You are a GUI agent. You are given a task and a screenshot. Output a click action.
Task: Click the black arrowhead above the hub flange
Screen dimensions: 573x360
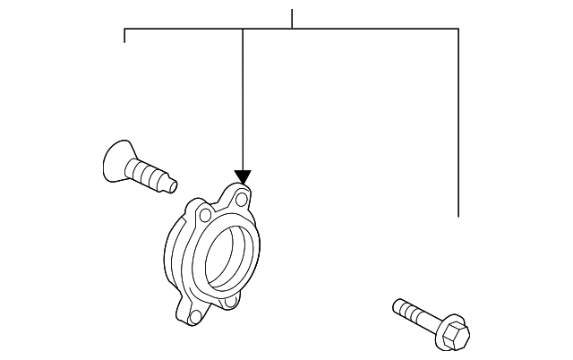243,177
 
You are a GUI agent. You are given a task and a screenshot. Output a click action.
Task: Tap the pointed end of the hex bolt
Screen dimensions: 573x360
395,306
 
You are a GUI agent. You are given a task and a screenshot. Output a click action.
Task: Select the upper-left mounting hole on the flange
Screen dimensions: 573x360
206,215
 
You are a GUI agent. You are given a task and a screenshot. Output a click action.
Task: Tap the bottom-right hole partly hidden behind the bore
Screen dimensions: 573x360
230,302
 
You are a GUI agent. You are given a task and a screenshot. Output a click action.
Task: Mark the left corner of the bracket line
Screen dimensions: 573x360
124,30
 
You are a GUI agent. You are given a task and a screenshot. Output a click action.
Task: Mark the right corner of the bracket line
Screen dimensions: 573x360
458,30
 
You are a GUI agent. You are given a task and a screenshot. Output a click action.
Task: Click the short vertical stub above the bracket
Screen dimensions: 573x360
292,19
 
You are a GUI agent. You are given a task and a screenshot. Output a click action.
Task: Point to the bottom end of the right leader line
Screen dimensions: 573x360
458,216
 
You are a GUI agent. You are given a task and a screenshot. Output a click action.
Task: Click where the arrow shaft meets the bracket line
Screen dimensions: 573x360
243,30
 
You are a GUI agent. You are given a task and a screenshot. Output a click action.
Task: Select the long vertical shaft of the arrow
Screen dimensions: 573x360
243,99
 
